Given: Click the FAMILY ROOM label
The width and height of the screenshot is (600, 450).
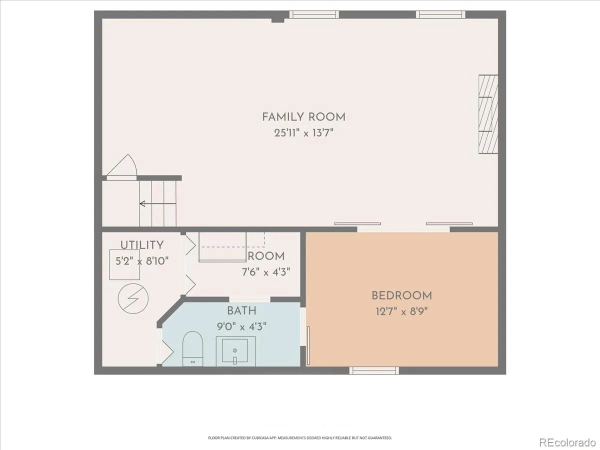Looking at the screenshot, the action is tap(303, 117).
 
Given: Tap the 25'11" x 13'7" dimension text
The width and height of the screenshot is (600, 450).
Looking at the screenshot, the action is tap(303, 133).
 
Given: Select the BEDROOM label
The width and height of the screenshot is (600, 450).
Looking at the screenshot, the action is tap(401, 296).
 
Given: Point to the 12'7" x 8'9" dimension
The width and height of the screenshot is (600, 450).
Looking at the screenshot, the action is tap(401, 311).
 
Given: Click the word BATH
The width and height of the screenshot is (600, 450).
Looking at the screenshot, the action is tap(241, 310).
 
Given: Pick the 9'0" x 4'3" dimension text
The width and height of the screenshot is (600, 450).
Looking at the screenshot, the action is tap(241, 326).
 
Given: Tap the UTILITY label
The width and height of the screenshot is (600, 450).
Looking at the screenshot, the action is tap(142, 245).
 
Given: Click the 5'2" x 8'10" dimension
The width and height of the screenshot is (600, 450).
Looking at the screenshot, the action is tap(142, 261).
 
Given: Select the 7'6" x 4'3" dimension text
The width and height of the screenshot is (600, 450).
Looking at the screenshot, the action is tap(265, 272).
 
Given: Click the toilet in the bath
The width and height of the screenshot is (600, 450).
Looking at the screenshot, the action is tap(192, 349).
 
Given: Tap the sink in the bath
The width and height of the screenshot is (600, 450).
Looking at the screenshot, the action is tap(235, 351).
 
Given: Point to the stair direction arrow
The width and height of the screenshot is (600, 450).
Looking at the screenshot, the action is tap(157, 203).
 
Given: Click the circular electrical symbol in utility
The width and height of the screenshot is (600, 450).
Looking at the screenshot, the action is tap(133, 298).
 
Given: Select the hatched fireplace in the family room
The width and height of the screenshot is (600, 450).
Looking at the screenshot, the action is tap(488, 114).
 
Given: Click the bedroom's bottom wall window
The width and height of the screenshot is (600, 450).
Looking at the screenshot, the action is tap(374, 370).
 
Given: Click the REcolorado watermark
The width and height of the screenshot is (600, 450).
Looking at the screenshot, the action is tap(567, 442).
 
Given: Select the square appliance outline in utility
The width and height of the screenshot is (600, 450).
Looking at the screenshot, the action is tap(124, 264).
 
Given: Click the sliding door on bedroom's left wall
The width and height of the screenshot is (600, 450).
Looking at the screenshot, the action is tap(308, 345).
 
